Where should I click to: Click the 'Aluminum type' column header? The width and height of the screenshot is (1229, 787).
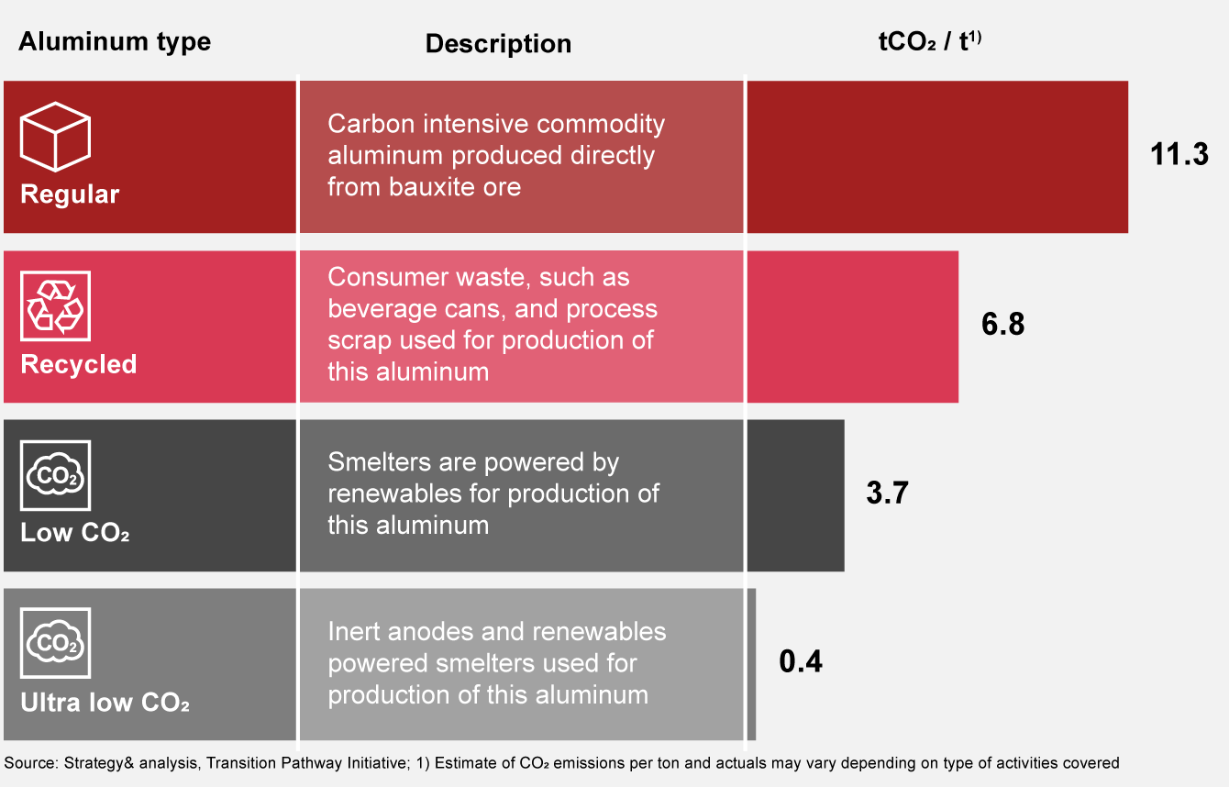tap(115, 42)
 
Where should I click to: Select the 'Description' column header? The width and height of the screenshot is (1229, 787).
tap(498, 44)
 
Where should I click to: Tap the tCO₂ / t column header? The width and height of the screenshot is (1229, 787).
tap(929, 41)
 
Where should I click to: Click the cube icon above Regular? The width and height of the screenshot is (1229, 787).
tap(55, 137)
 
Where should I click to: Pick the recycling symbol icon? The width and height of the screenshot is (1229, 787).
tap(55, 305)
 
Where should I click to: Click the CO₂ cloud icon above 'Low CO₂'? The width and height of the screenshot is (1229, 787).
tap(55, 475)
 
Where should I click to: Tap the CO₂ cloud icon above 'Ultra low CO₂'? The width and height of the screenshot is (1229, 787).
tap(55, 643)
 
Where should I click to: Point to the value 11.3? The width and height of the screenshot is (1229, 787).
tap(1179, 154)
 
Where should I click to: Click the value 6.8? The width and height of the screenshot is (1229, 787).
tap(1003, 324)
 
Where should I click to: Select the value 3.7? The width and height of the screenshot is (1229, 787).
tap(887, 493)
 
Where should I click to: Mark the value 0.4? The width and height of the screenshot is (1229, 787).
tap(801, 661)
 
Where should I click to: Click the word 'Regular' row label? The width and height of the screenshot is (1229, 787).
tap(70, 194)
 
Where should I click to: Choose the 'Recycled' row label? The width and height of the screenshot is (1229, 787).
tap(79, 364)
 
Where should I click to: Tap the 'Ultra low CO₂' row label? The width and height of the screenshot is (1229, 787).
tap(105, 702)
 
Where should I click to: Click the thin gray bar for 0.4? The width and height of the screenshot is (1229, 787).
tap(752, 665)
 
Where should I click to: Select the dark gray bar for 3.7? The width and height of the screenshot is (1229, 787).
tap(795, 495)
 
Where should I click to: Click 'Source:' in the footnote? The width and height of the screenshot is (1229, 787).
tap(31, 763)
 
